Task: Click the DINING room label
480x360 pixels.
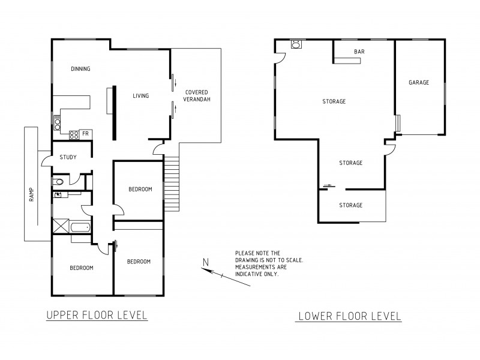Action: (80, 69)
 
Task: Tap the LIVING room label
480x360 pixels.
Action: (140, 96)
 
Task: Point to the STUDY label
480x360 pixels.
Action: (67, 158)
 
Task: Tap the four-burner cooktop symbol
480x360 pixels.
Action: (74, 135)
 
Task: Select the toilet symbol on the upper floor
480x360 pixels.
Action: (57, 181)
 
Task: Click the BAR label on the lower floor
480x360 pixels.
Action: (359, 52)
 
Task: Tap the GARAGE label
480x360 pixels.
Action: (419, 83)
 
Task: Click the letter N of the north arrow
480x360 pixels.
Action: (206, 262)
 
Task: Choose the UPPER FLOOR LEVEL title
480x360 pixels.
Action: (97, 315)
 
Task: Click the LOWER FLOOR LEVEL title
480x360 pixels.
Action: (349, 316)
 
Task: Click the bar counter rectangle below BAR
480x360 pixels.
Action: (347, 59)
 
